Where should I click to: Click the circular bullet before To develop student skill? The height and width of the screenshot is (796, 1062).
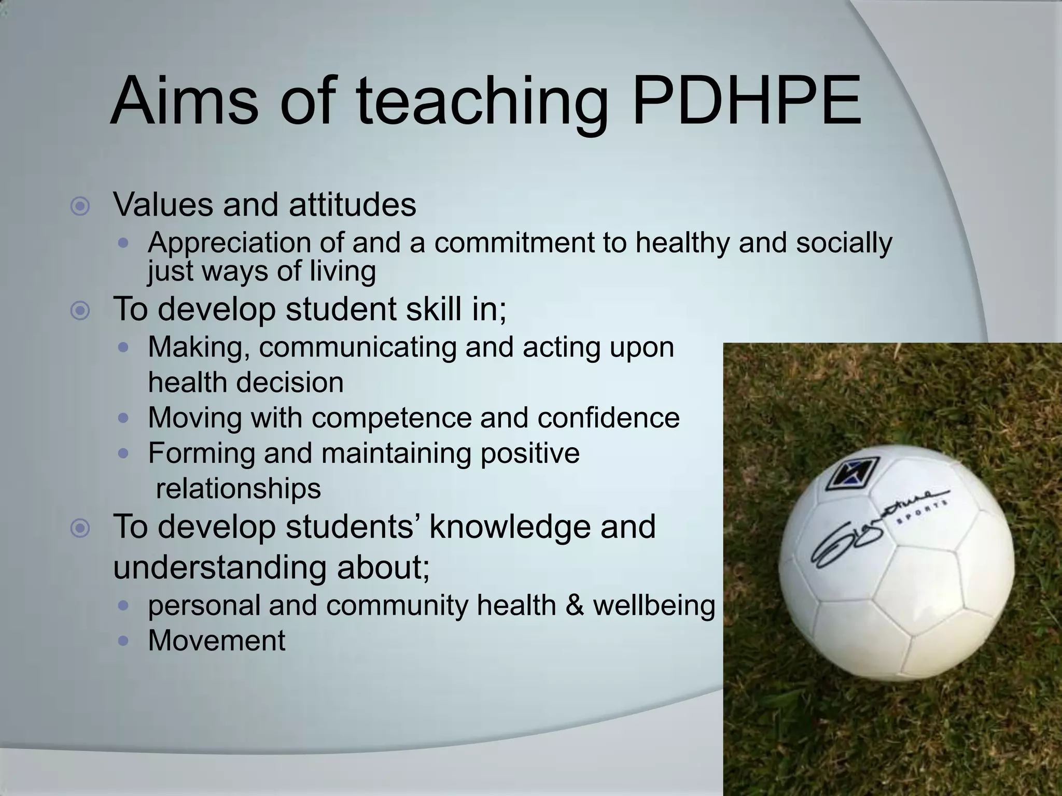80,311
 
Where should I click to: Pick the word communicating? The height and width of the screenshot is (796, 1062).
358,348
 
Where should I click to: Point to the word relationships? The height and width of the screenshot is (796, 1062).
239,489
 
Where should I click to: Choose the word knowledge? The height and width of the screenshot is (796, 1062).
542,527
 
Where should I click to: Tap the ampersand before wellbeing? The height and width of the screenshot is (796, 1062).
575,605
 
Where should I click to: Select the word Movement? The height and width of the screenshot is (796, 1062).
216,641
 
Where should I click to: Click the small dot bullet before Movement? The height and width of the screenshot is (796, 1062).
123,641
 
